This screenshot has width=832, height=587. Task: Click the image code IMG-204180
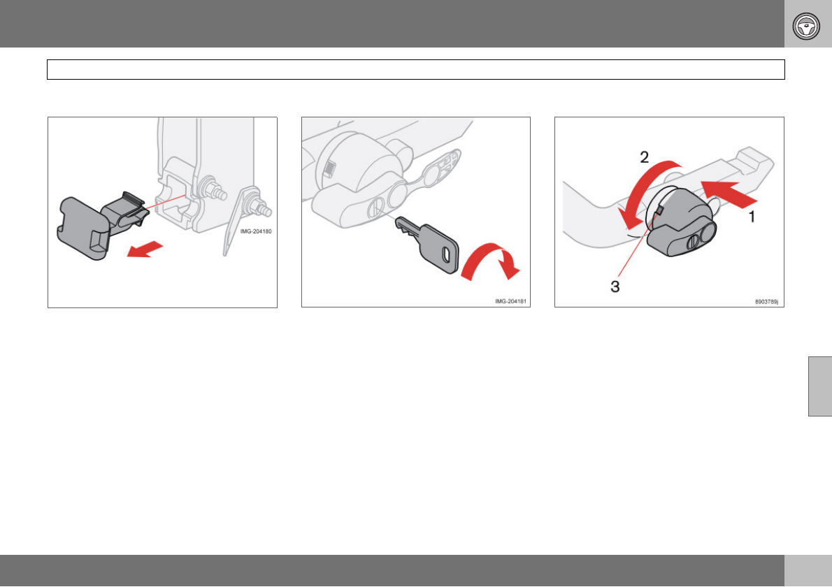pyautogui.click(x=256, y=231)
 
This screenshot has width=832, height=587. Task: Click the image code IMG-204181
pyautogui.click(x=510, y=301)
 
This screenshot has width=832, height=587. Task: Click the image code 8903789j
pyautogui.click(x=767, y=302)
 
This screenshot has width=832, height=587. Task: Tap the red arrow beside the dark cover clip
pyautogui.click(x=145, y=249)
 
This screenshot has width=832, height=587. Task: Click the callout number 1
pyautogui.click(x=752, y=217)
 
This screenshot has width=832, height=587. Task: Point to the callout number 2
pyautogui.click(x=644, y=157)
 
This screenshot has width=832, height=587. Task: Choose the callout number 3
pyautogui.click(x=615, y=287)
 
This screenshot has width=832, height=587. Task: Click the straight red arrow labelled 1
pyautogui.click(x=729, y=194)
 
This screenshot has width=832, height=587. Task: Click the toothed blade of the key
pyautogui.click(x=407, y=226)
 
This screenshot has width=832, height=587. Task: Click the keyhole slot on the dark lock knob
pyautogui.click(x=692, y=243)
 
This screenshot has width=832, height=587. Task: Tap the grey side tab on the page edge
pyautogui.click(x=820, y=386)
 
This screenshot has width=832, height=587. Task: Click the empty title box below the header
pyautogui.click(x=416, y=69)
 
